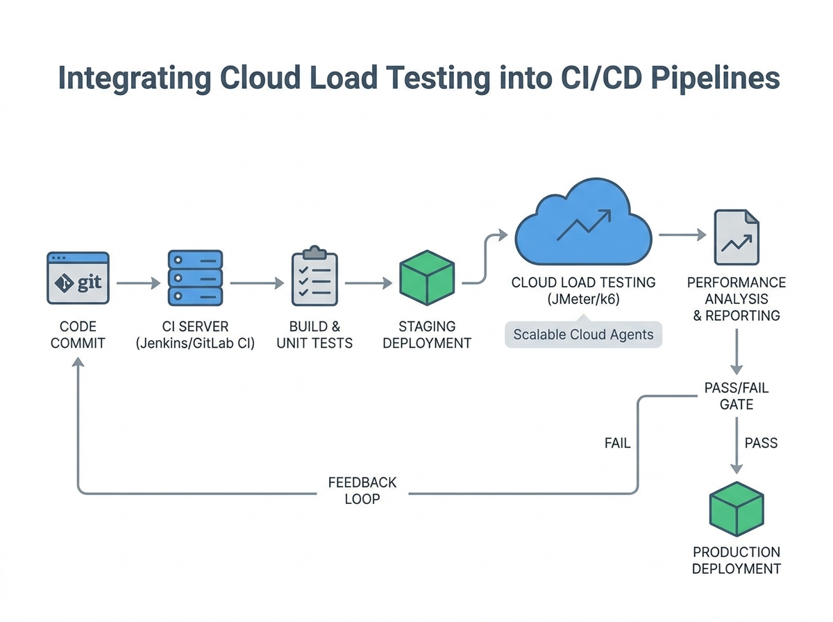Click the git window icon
(78, 278)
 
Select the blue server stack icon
(195, 278)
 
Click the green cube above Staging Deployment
(427, 278)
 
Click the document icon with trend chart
(737, 238)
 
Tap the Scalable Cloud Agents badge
(583, 335)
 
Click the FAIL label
(617, 443)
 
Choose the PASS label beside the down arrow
(761, 443)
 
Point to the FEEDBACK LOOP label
(362, 490)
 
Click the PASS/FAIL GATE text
(737, 396)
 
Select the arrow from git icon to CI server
(138, 283)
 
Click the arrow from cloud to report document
(682, 236)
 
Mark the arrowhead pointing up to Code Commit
(78, 365)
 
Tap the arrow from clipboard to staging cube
(368, 283)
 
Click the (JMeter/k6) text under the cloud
(583, 300)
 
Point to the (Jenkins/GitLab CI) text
(195, 342)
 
